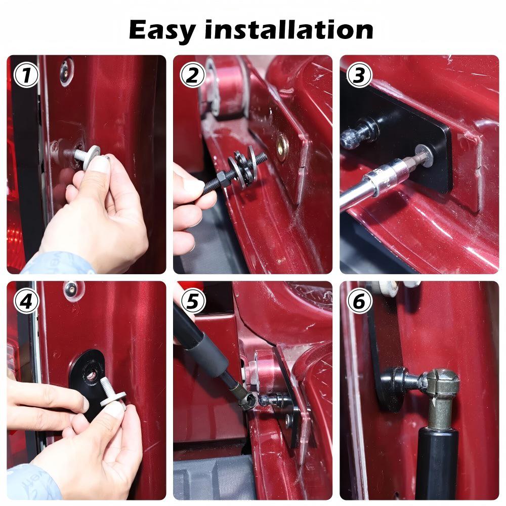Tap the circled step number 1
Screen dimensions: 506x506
(26, 75)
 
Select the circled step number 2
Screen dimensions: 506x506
(193, 75)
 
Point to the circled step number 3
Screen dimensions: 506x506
(359, 75)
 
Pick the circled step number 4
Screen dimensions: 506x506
(26, 301)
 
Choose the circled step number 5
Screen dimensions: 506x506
(193, 301)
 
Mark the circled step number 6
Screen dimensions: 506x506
(359, 301)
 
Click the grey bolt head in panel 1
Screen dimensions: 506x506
(92, 157)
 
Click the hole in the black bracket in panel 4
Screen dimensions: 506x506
(91, 374)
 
